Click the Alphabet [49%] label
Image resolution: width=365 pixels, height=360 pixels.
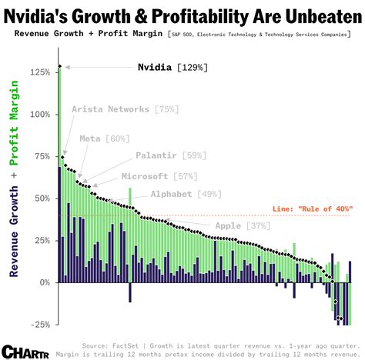(x=182, y=194)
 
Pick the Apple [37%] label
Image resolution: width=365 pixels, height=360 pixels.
(x=242, y=225)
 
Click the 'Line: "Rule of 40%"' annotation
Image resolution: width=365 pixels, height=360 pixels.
(x=313, y=209)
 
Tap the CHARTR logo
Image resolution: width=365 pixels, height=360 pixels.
(x=21, y=350)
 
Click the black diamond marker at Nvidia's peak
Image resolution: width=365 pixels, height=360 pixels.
(x=59, y=67)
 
